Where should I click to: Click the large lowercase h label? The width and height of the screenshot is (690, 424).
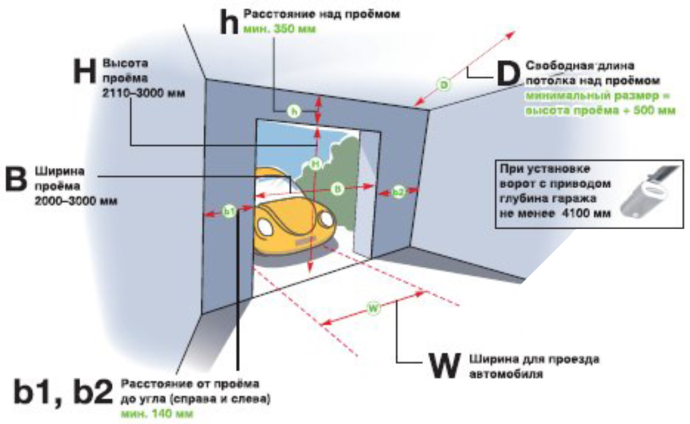[229, 22]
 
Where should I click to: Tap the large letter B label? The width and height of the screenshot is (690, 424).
[15, 179]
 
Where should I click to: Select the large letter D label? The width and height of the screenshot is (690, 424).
[507, 74]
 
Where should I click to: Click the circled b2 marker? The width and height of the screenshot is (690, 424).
[398, 193]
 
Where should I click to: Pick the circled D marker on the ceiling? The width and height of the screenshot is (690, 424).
[444, 85]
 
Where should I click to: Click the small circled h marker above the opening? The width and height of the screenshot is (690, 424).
[292, 111]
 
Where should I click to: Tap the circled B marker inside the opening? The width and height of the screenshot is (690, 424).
[338, 189]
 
